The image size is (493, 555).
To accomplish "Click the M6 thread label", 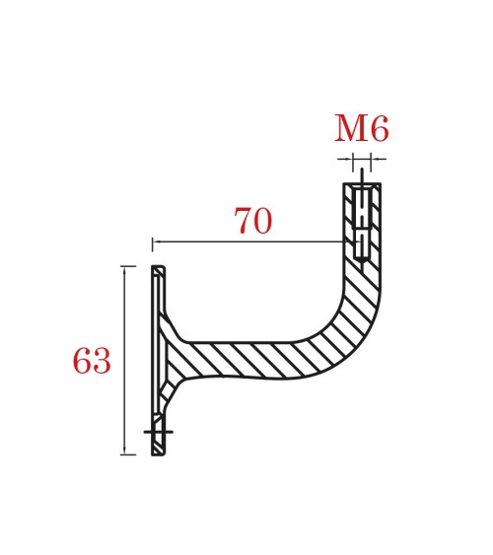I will pyautogui.click(x=361, y=129).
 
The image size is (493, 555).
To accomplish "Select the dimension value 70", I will pyautogui.click(x=252, y=222).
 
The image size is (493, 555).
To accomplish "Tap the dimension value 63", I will pyautogui.click(x=92, y=362).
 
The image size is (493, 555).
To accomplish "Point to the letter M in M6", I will pyautogui.click(x=350, y=129).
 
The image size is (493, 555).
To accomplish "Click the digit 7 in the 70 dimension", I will pyautogui.click(x=243, y=222).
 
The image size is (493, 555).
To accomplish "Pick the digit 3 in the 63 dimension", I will pyautogui.click(x=102, y=362).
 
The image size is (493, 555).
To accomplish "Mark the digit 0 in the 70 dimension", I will pyautogui.click(x=262, y=222).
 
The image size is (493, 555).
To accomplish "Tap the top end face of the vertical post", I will pyautogui.click(x=362, y=184).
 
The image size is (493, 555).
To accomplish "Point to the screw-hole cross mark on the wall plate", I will pyautogui.click(x=158, y=432).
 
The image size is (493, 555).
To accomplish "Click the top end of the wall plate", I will pyautogui.click(x=158, y=267).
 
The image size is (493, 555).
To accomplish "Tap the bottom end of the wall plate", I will pyautogui.click(x=158, y=453).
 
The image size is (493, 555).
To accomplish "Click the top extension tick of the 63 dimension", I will pyautogui.click(x=127, y=266).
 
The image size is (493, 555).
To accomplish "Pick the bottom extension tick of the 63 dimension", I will pyautogui.click(x=127, y=454).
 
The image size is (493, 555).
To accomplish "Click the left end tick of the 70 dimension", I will pyautogui.click(x=153, y=242).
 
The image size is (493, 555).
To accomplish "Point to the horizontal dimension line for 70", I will pyautogui.click(x=246, y=242).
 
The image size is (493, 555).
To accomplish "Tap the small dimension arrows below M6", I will pyautogui.click(x=362, y=158).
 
